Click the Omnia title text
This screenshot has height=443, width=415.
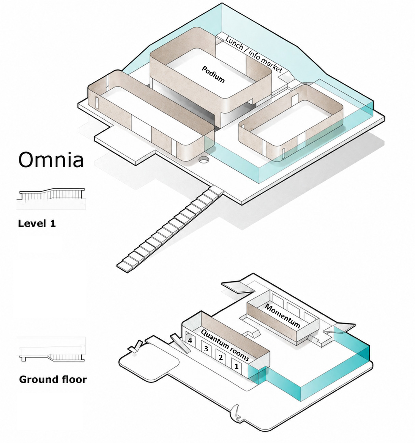pyautogui.click(x=51, y=159)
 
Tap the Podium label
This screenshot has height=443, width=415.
pyautogui.click(x=213, y=74)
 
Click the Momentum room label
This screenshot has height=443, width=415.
pyautogui.click(x=282, y=316)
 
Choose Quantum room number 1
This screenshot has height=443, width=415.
pyautogui.click(x=237, y=366)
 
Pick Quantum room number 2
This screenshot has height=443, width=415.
pyautogui.click(x=221, y=357)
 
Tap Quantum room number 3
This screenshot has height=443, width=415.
pyautogui.click(x=206, y=349)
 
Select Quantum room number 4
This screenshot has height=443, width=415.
pyautogui.click(x=190, y=340)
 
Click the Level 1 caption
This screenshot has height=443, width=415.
pyautogui.click(x=37, y=223)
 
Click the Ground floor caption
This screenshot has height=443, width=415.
pyautogui.click(x=53, y=379)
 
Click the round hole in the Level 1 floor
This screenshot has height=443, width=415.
pyautogui.click(x=204, y=159)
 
